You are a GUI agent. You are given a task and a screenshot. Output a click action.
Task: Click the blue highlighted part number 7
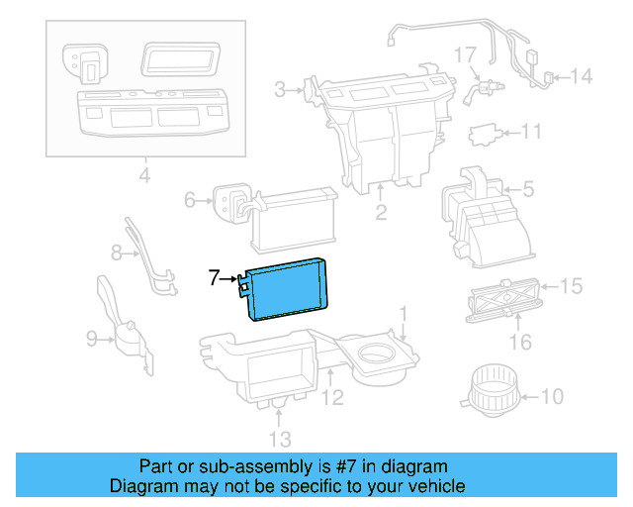[x=289, y=288]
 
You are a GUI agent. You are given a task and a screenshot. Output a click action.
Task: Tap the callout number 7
[x=214, y=278]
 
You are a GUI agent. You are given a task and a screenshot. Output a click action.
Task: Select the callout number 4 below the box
[x=144, y=178]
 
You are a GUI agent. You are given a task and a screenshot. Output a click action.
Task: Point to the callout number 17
[x=466, y=53]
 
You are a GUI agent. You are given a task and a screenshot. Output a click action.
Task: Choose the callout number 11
[x=532, y=132]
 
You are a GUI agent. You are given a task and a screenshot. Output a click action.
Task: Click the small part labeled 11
[x=485, y=133]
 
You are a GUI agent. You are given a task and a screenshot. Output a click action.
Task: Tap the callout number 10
[x=552, y=398]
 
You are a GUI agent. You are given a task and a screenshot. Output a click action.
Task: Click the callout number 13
[x=280, y=438]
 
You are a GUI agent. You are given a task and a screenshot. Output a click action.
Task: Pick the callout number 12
[x=333, y=398]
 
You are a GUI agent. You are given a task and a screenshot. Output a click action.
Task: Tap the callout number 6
[x=191, y=201]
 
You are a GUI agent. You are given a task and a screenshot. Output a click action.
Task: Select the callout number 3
[x=281, y=91]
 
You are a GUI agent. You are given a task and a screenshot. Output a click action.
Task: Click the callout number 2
[x=381, y=212]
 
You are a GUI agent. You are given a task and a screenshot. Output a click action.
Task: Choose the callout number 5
[x=528, y=186]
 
